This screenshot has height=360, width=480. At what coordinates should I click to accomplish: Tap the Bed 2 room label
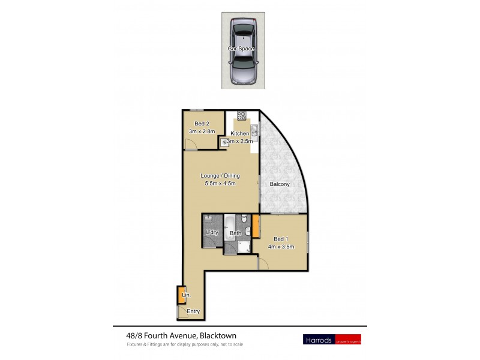pos(202,124)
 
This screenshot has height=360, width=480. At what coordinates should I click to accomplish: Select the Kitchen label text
pos(240,133)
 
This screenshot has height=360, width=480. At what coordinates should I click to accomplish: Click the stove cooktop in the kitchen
pos(242,115)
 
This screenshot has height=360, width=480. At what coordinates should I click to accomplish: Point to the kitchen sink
pos(254,130)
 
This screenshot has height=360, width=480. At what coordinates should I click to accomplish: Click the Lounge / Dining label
pos(220,176)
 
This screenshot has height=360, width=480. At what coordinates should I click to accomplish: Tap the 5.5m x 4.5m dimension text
pos(220,184)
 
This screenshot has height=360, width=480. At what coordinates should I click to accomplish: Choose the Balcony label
pos(280,184)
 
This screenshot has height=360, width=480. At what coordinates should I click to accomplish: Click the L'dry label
pos(211,232)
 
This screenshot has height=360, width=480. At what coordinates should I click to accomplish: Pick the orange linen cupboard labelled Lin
pos(181,296)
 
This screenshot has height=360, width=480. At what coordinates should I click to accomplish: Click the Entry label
pos(193,311)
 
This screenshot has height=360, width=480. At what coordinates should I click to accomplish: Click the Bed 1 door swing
pos(263,262)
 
